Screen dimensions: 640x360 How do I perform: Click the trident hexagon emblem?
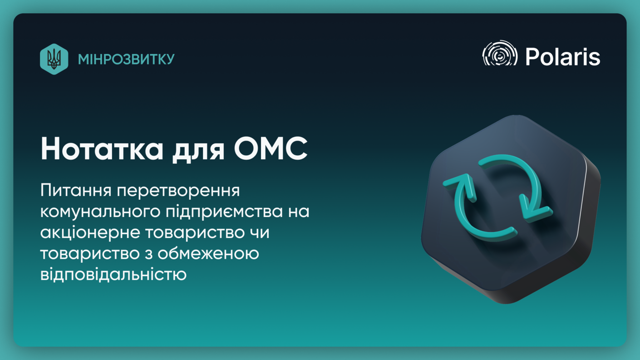click(x=54, y=59)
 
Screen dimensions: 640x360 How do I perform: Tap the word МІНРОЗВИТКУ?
click(x=126, y=59)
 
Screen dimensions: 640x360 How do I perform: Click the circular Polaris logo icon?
click(x=500, y=53)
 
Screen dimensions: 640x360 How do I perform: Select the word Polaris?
click(x=562, y=57)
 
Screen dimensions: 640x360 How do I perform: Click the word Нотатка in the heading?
click(x=102, y=149)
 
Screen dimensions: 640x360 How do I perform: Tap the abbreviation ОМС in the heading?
click(x=271, y=148)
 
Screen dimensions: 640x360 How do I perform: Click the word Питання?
click(x=76, y=191)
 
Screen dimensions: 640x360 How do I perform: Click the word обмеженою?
click(x=208, y=253)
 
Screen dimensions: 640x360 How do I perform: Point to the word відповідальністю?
click(x=113, y=274)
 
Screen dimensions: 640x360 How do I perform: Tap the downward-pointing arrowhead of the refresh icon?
click(x=535, y=208)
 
